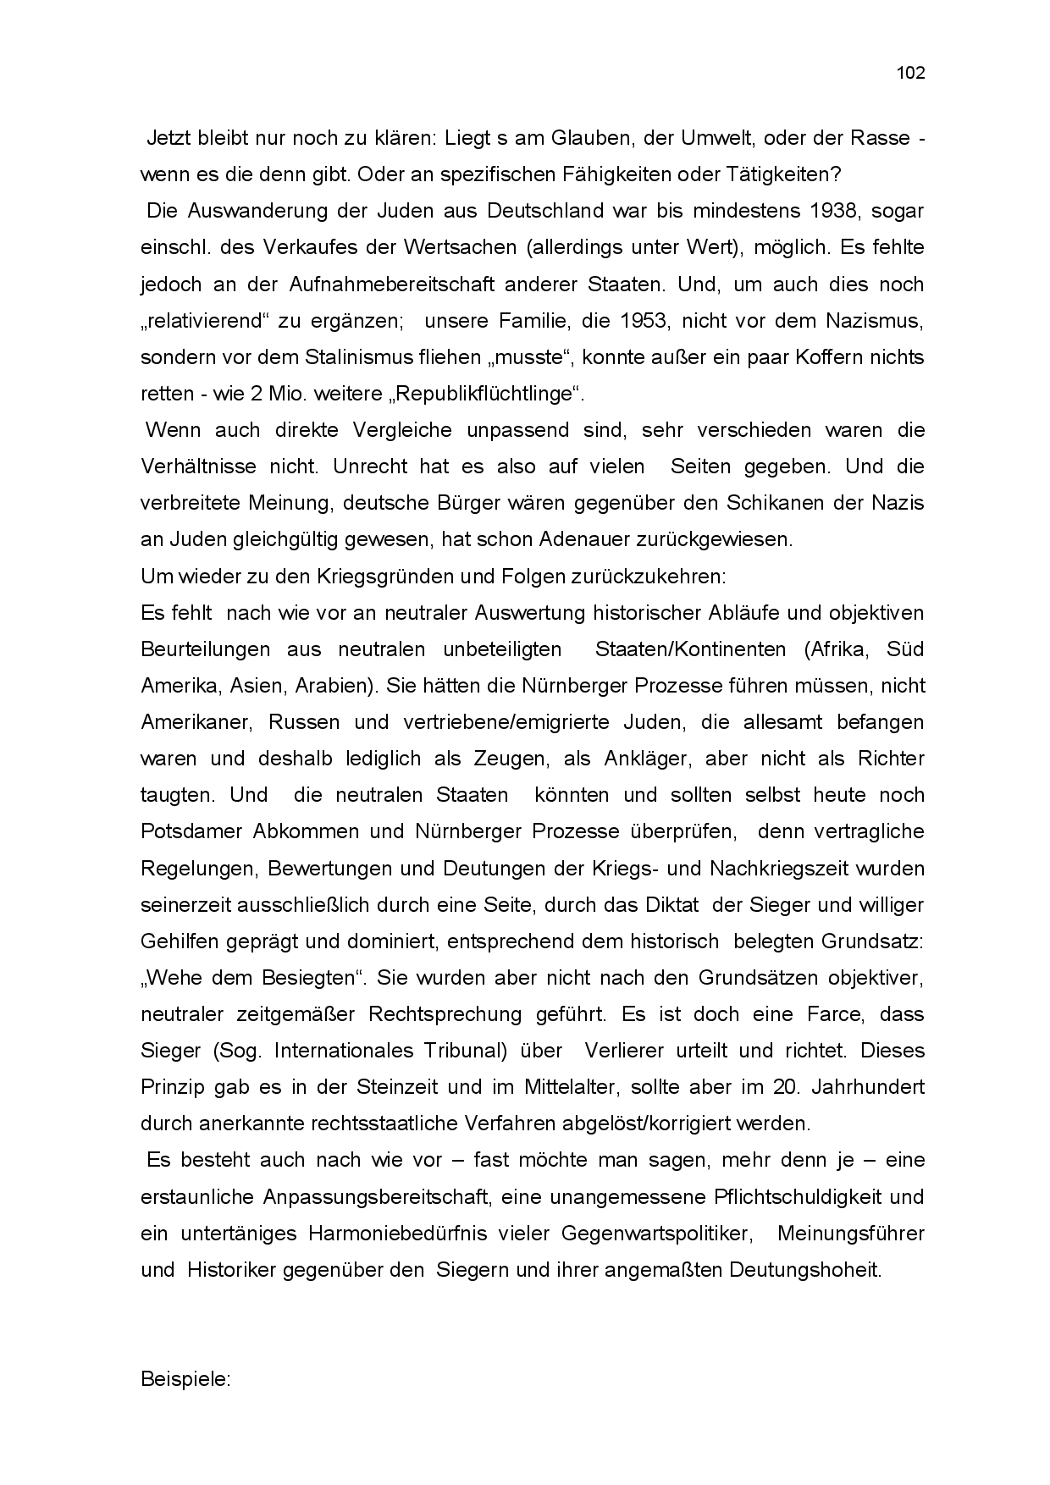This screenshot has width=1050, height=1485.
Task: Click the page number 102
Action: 910,73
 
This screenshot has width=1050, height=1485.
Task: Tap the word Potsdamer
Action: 191,831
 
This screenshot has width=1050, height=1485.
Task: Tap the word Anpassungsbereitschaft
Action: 376,1197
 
